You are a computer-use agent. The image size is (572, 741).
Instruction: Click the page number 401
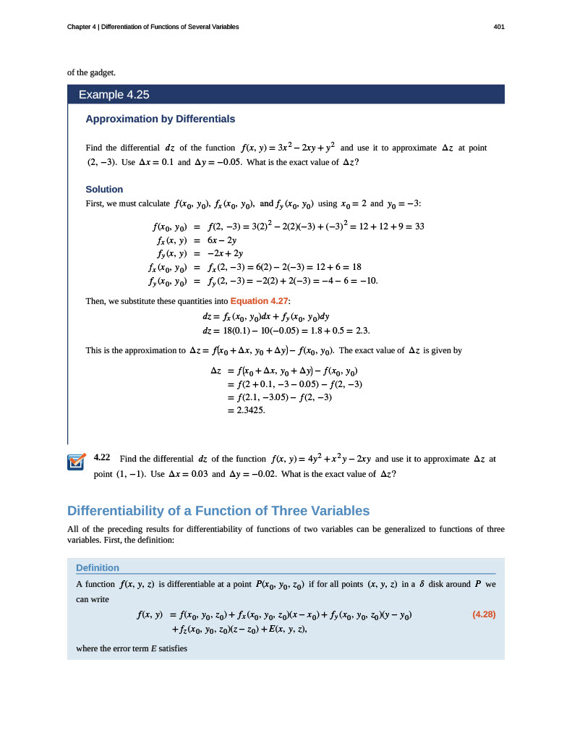498,27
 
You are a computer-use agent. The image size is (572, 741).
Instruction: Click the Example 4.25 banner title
114,95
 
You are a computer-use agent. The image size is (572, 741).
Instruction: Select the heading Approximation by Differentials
160,119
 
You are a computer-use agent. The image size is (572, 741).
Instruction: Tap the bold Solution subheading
104,189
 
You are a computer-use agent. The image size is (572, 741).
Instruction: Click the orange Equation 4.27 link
260,300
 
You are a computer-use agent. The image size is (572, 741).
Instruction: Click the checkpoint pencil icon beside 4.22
76,462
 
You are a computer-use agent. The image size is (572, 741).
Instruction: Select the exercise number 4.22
101,458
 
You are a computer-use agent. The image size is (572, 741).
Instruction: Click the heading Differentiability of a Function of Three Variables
218,510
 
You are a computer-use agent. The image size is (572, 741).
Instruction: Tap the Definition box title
98,567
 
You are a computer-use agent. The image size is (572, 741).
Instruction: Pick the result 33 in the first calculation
418,226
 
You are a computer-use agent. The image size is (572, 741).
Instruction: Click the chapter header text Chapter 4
82,27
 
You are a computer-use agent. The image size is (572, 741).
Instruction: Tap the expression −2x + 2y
225,253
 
